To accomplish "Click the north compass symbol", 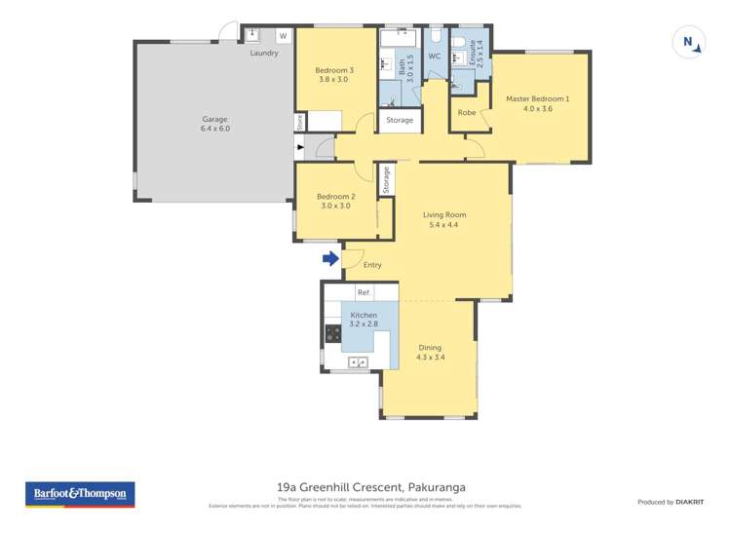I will [x=688, y=42].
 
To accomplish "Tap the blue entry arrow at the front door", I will [x=330, y=258].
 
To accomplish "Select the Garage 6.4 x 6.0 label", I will [x=214, y=124].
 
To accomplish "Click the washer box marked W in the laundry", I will [x=284, y=36].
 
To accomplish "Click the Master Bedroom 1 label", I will [x=537, y=103].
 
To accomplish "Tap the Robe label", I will [x=467, y=112].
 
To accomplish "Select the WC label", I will [x=435, y=57].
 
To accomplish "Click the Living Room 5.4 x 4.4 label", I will [x=443, y=219].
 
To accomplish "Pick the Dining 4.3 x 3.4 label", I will [x=430, y=352].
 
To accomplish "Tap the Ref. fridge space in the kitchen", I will [x=364, y=292].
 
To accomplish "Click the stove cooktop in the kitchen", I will [x=331, y=334].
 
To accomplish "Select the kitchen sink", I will [x=357, y=362].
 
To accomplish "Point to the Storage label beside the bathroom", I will [x=400, y=120].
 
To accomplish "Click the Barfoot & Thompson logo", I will [x=79, y=494].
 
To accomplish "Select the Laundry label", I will [x=264, y=53].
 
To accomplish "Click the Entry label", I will [x=372, y=265].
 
